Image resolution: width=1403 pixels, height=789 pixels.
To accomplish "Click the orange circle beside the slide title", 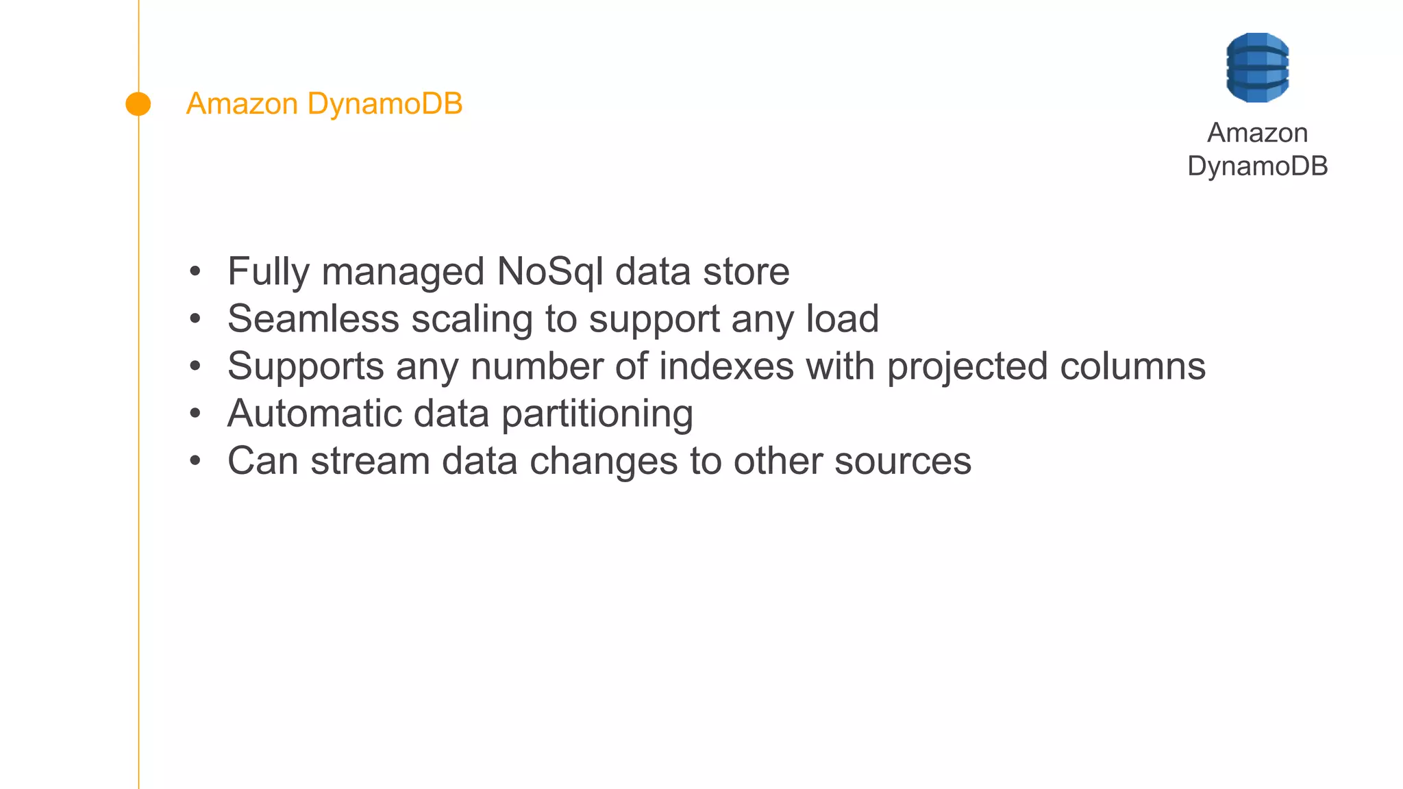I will pyautogui.click(x=138, y=104).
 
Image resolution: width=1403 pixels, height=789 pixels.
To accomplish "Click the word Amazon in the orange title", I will pyautogui.click(x=242, y=104).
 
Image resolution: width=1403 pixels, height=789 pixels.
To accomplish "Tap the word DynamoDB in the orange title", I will pyautogui.click(x=385, y=104).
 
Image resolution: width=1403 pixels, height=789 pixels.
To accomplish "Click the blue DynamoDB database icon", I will pyautogui.click(x=1257, y=68).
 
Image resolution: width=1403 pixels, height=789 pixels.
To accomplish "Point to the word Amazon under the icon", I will pyautogui.click(x=1257, y=133).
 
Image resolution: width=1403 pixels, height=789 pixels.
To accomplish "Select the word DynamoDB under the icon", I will pyautogui.click(x=1257, y=166).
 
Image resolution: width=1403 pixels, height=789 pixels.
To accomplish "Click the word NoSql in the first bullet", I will pyautogui.click(x=550, y=271).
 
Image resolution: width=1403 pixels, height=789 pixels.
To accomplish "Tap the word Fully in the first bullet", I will pyautogui.click(x=269, y=271).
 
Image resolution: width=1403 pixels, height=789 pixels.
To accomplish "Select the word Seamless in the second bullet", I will pyautogui.click(x=313, y=319).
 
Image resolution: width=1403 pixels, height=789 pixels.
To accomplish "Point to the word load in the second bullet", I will pyautogui.click(x=842, y=319).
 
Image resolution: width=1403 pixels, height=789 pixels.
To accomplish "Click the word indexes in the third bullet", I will pyautogui.click(x=726, y=366).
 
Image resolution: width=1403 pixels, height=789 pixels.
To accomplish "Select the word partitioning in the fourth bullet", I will pyautogui.click(x=597, y=414).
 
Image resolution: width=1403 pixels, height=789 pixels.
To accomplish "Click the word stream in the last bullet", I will pyautogui.click(x=370, y=461).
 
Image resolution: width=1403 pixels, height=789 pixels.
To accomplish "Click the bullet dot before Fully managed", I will pyautogui.click(x=195, y=272).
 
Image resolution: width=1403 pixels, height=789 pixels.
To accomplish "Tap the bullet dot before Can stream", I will pyautogui.click(x=195, y=461).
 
